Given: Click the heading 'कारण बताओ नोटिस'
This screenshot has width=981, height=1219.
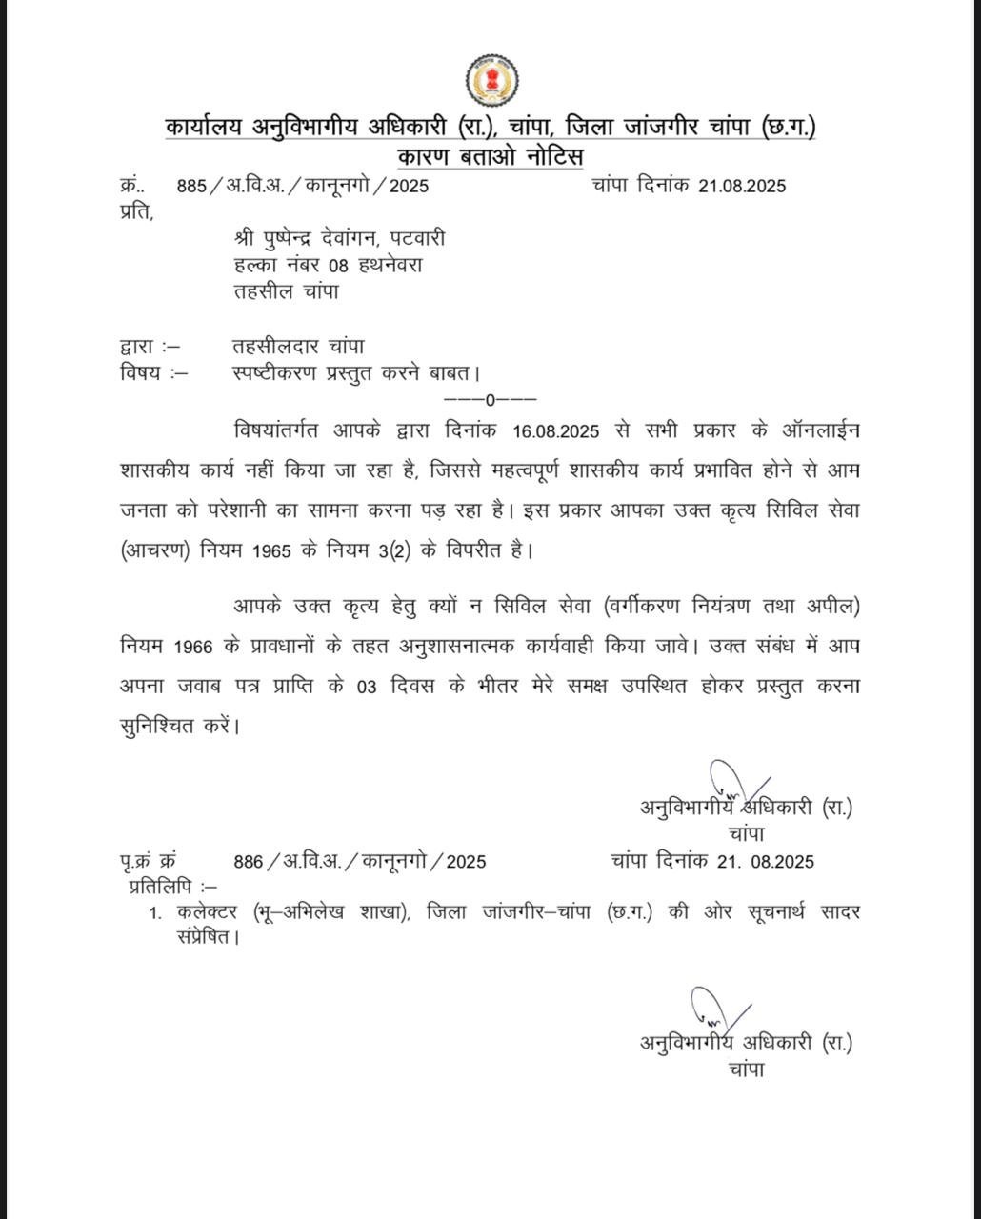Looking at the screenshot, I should (x=490, y=156).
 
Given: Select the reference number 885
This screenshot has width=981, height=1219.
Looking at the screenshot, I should (x=191, y=186).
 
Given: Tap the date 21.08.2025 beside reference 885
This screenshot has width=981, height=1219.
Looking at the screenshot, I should (x=742, y=186).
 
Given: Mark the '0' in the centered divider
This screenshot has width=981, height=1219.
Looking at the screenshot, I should (x=490, y=400).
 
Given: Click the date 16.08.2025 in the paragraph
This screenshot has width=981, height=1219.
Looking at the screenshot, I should (x=555, y=431).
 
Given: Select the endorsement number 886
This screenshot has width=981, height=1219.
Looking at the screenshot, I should (x=248, y=862).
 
